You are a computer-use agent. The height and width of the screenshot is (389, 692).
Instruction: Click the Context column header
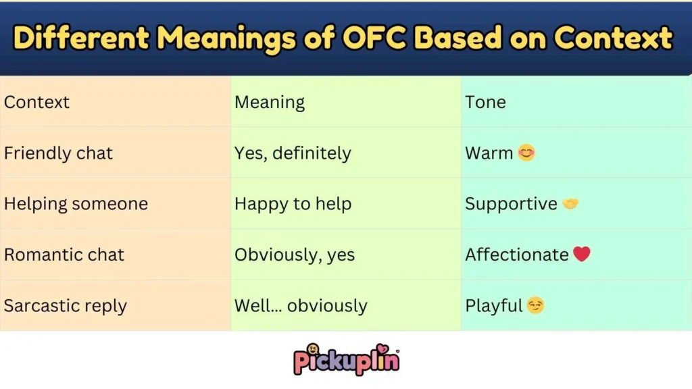click(37, 103)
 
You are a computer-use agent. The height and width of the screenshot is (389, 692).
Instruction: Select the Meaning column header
click(270, 103)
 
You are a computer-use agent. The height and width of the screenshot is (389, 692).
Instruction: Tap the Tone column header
click(485, 103)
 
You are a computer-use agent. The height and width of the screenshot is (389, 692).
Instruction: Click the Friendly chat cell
click(58, 153)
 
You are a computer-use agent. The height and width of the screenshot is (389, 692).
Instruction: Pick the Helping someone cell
click(76, 204)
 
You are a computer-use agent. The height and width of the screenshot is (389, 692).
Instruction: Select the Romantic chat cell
click(64, 255)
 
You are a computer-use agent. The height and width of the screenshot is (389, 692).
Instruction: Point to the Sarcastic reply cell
click(66, 306)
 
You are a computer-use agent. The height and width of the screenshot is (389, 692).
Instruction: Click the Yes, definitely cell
click(293, 153)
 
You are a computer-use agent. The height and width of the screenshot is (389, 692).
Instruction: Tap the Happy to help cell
click(293, 204)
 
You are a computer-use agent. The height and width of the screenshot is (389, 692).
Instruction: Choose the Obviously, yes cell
click(295, 255)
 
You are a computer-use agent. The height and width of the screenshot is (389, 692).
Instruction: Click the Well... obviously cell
click(301, 306)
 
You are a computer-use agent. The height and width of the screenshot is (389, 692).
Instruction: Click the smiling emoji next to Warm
click(526, 153)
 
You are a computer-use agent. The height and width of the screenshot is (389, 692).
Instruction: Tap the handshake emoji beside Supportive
click(571, 204)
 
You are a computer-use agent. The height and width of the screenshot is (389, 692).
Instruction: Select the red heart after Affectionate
click(582, 255)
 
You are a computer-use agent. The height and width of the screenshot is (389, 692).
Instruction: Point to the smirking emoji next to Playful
click(536, 306)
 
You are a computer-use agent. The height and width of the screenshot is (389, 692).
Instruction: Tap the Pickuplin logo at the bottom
click(346, 359)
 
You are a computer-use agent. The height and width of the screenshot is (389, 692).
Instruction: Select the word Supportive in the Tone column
click(511, 204)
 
